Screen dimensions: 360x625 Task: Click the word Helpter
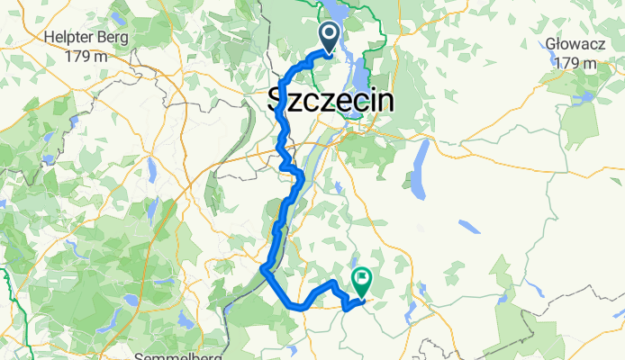pyautogui.click(x=72, y=38)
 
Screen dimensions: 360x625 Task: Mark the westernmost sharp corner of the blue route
pyautogui.click(x=262, y=268)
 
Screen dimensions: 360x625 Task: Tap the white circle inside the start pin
pyautogui.click(x=329, y=35)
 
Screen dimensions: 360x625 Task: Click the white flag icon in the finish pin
pyautogui.click(x=362, y=279)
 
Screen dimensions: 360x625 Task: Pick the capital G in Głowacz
pyautogui.click(x=551, y=43)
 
